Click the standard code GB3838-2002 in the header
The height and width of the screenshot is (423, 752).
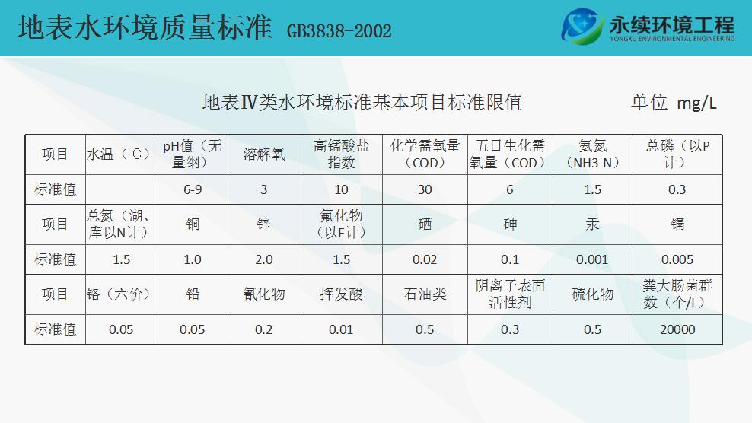tap(339, 31)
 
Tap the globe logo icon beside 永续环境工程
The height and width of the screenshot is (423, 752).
tap(582, 26)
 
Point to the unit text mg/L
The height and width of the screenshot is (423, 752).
tap(696, 103)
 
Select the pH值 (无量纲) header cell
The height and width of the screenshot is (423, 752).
tap(193, 154)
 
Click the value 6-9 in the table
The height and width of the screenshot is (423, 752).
tap(193, 190)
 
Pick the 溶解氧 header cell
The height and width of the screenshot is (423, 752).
tap(264, 154)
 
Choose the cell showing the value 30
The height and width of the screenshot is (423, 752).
tap(425, 190)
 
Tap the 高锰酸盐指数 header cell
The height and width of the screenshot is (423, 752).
tap(341, 154)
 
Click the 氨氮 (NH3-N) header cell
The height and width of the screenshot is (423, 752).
tap(592, 154)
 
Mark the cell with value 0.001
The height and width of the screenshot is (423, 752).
tap(592, 260)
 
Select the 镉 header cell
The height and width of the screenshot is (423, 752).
tap(677, 224)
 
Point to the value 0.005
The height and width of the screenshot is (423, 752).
tap(677, 260)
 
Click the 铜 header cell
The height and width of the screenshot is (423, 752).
tap(193, 224)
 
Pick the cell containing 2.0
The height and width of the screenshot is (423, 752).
tap(264, 260)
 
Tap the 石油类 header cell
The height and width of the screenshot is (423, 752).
tap(425, 294)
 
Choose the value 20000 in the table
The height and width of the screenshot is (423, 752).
tap(677, 330)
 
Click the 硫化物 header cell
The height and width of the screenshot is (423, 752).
tap(592, 294)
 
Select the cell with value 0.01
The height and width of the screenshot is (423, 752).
tap(341, 330)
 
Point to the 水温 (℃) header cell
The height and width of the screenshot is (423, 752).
tap(121, 154)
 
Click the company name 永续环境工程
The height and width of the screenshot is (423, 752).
tap(672, 24)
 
